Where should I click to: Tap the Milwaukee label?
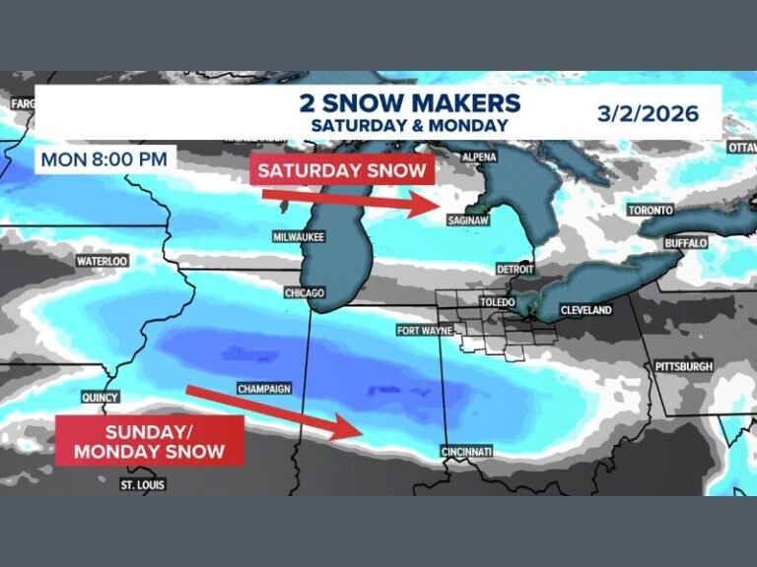click(299, 237)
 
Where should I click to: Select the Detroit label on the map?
click(516, 269)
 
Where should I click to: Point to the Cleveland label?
click(585, 310)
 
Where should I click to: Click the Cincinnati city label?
click(467, 452)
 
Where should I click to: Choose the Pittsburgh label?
click(683, 366)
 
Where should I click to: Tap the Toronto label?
click(651, 211)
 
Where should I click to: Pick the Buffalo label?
click(686, 242)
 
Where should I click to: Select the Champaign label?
click(264, 389)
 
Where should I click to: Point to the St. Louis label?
click(143, 485)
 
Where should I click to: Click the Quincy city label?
click(102, 398)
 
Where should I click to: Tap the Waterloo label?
click(103, 261)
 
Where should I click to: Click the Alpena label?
click(478, 157)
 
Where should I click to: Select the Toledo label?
click(497, 302)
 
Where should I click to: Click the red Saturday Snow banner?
click(342, 170)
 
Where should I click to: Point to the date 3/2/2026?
click(648, 113)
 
